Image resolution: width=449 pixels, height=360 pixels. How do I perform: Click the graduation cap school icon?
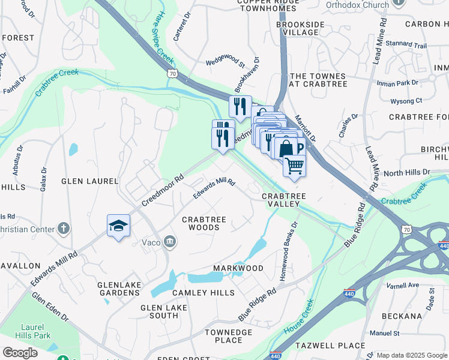pos(118,226)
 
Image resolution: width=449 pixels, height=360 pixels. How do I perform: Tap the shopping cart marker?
pos(294,165)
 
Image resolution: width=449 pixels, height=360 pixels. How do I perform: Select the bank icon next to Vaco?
pos(170,242)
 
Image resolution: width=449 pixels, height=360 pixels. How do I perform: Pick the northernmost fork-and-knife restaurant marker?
pos(240,107)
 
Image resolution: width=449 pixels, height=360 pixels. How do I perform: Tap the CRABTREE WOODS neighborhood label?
pos(204,223)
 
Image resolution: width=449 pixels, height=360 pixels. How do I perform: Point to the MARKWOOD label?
pos(238,268)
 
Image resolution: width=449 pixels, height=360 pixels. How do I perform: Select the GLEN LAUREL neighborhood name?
pos(88,180)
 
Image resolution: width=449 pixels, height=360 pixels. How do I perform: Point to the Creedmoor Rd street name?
pos(162,191)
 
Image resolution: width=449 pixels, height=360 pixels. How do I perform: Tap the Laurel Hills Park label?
pos(26,332)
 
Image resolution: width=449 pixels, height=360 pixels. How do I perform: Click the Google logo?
pos(20,353)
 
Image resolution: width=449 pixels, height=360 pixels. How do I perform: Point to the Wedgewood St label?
pos(226,62)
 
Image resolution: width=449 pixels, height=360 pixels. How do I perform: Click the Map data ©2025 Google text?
pos(412,355)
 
